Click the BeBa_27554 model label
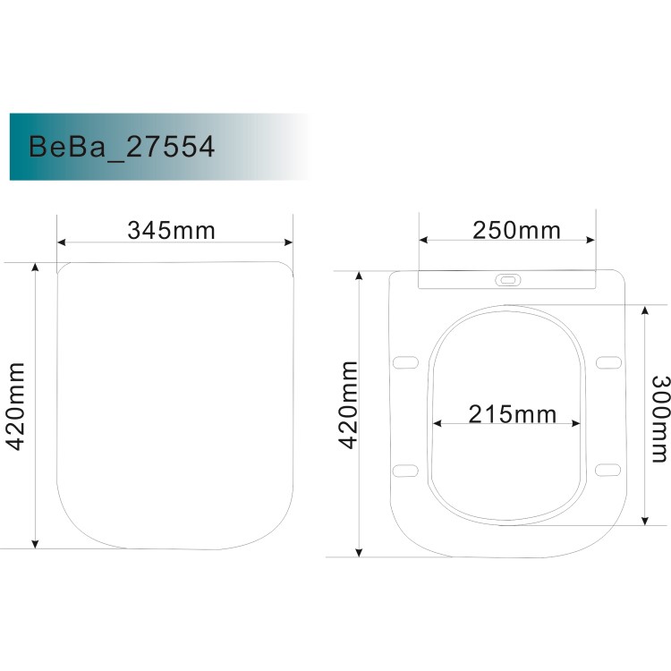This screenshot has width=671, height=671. tap(122, 146)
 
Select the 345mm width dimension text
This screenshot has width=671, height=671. tap(172, 231)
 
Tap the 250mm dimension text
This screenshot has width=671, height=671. tap(517, 230)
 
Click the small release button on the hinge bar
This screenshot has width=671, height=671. tap(507, 280)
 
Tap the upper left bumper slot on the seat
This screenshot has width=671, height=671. tap(406, 361)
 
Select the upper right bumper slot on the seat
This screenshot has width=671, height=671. tap(609, 361)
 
